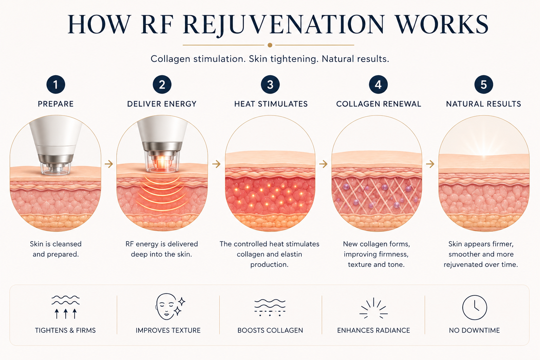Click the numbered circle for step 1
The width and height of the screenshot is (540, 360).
click(56, 85)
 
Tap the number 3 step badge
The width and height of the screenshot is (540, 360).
click(270, 85)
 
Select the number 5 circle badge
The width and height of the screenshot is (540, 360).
click(484, 85)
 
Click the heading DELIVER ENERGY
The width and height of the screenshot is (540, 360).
click(162, 104)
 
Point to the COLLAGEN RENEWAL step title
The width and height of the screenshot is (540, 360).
click(379, 104)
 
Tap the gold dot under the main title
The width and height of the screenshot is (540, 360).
click(270, 45)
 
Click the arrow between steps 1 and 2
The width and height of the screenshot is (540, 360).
click(109, 164)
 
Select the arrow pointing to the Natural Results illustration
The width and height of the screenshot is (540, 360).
click(430, 164)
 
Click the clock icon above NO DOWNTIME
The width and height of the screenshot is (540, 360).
click(474, 307)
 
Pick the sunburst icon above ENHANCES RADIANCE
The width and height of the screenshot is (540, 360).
click(373, 309)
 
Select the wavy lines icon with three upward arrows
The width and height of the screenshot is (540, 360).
click(66, 307)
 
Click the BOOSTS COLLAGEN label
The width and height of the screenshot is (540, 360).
click(270, 330)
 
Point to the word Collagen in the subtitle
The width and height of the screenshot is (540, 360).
click(171, 59)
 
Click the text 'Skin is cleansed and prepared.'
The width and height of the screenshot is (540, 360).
click(56, 249)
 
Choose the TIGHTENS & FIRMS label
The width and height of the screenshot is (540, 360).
click(65, 330)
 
